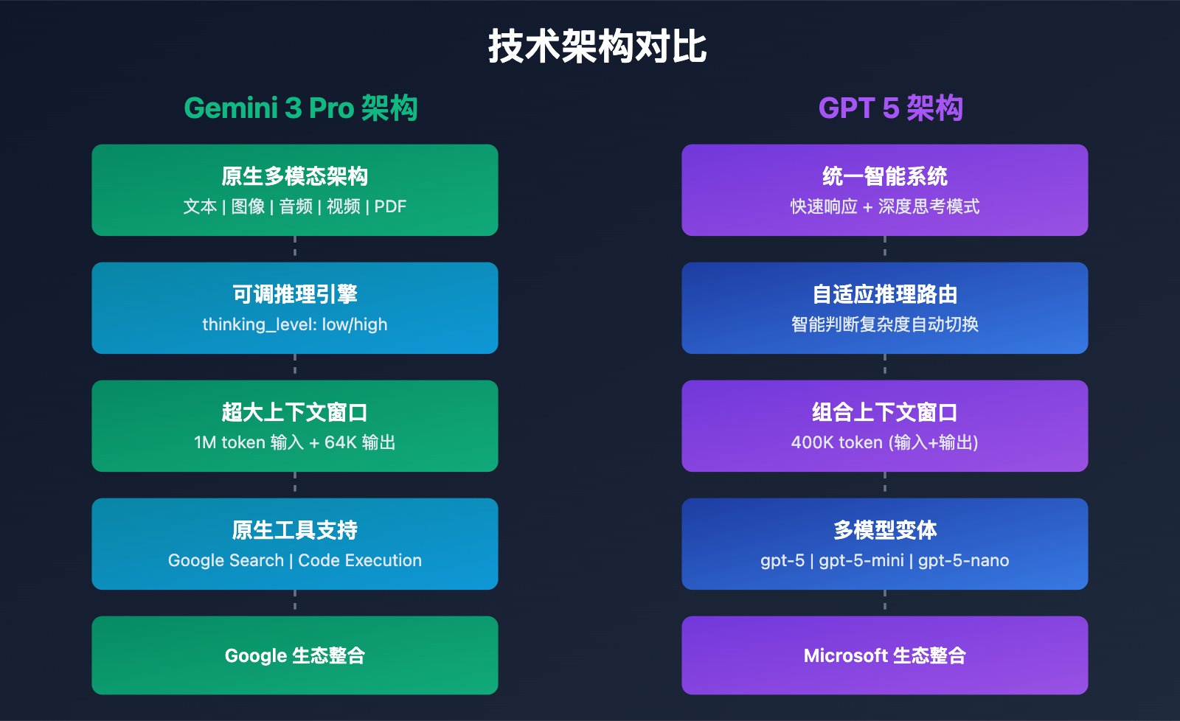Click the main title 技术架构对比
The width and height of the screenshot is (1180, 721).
point(597,47)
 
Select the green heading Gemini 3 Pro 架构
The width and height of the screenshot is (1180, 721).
point(301,108)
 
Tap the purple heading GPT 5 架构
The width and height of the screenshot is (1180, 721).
point(890,108)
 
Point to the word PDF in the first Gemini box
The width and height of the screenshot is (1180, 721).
point(390,207)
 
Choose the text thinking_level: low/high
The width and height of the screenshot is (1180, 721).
point(295,324)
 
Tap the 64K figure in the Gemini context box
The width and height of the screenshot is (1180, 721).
point(341,442)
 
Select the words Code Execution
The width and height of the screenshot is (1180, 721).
point(360,560)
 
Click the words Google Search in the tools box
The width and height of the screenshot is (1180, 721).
point(226,560)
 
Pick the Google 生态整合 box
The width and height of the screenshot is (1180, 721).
point(295,655)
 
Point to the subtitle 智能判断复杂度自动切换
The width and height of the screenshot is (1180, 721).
point(885,324)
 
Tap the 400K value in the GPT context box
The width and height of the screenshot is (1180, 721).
point(811,442)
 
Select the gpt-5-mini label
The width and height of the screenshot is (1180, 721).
point(861,560)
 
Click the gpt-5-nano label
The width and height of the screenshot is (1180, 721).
point(963,560)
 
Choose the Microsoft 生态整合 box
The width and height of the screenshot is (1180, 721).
point(885,655)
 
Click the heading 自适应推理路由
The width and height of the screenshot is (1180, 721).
point(885,295)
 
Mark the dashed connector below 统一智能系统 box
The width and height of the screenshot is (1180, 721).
point(885,248)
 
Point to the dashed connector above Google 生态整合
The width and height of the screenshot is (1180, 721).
point(295,602)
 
